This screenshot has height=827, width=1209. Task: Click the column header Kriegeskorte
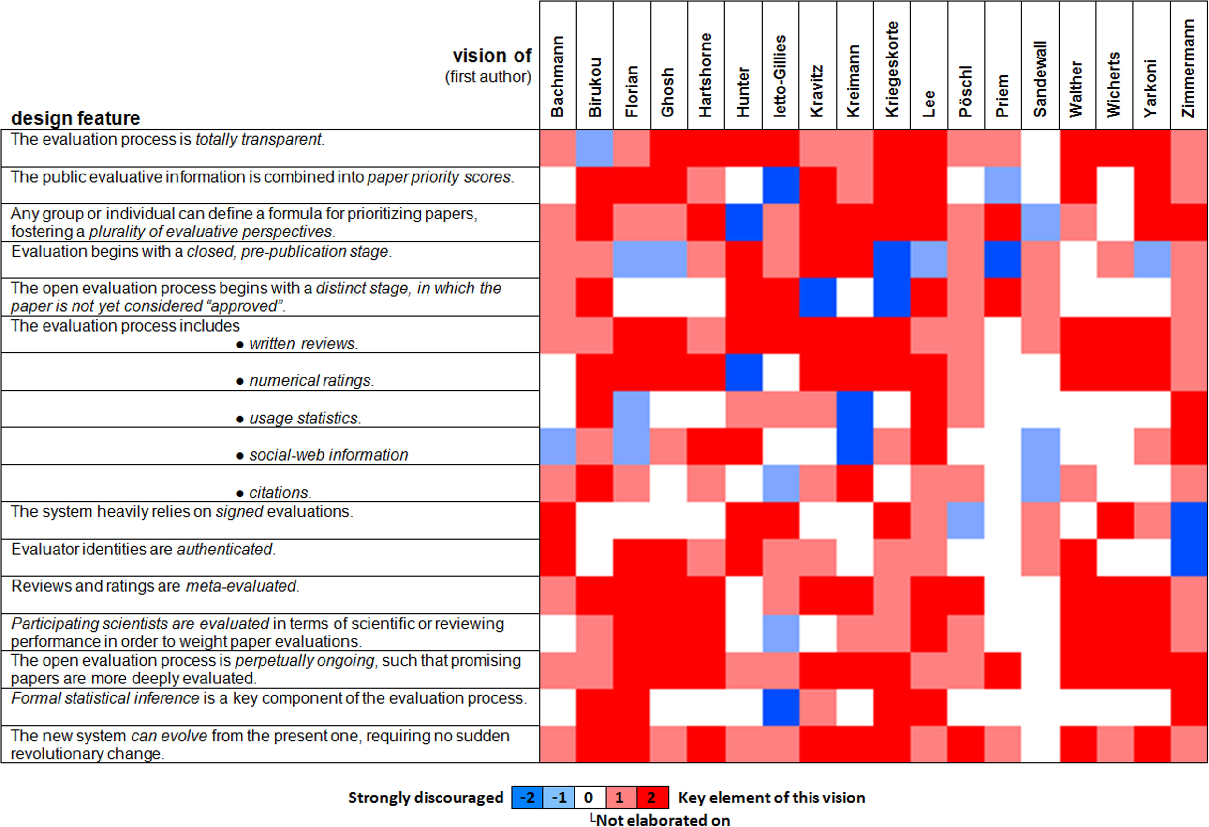click(892, 69)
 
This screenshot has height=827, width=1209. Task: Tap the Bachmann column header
click(557, 76)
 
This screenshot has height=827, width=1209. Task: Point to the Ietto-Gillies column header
click(780, 76)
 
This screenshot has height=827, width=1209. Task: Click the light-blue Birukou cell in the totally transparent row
click(595, 148)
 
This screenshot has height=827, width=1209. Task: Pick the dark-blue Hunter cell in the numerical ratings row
click(743, 372)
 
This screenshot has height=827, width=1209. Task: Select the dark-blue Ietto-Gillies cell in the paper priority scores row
click(781, 186)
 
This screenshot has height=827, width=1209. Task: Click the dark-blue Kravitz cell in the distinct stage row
click(817, 297)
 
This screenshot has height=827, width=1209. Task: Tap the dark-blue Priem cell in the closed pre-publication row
click(1003, 260)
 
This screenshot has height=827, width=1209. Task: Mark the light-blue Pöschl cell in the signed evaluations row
click(966, 520)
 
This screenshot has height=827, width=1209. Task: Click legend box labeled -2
click(527, 798)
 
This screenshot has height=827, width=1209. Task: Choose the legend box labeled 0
click(589, 798)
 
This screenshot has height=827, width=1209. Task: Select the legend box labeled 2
click(652, 798)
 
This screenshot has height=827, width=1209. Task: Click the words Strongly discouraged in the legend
click(425, 798)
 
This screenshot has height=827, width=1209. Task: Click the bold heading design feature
click(75, 118)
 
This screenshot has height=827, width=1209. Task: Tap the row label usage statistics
click(304, 418)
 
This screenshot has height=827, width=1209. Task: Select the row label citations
click(280, 492)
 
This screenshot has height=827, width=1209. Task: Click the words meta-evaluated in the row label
click(241, 586)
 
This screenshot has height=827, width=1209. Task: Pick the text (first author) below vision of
click(487, 77)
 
